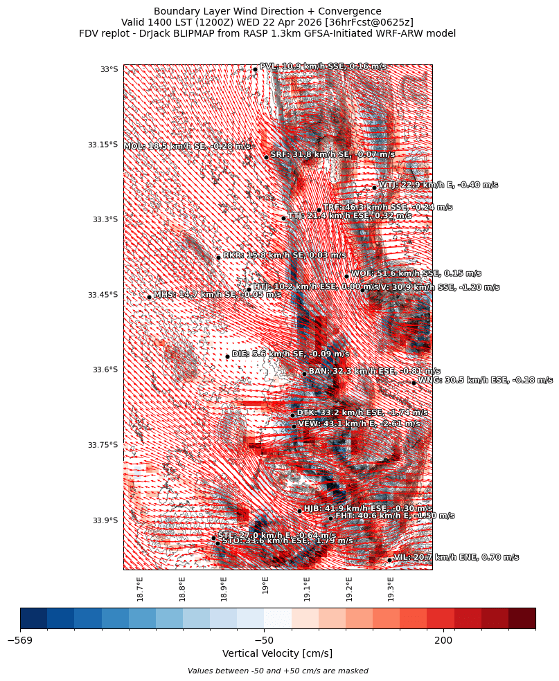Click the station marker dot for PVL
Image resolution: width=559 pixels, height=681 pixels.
[x=255, y=69]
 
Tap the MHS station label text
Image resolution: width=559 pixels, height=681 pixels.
[x=217, y=295]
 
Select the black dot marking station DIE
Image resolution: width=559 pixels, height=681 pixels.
[x=227, y=356]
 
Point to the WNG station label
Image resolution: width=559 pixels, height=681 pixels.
[x=485, y=380]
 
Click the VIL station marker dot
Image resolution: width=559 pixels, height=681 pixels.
[x=389, y=560]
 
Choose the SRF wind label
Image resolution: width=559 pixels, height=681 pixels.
[x=332, y=155]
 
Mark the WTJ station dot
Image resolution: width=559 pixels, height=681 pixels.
[x=374, y=188]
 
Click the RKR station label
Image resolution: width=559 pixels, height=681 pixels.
[x=284, y=255]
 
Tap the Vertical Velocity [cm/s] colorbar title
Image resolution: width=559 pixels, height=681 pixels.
[x=277, y=654]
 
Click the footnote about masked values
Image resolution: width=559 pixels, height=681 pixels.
[x=277, y=671]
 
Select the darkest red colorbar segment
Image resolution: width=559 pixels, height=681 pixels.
[x=522, y=618]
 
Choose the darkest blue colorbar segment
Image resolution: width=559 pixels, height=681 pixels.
[x=34, y=618]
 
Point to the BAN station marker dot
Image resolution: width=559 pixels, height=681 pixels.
[x=304, y=374]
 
